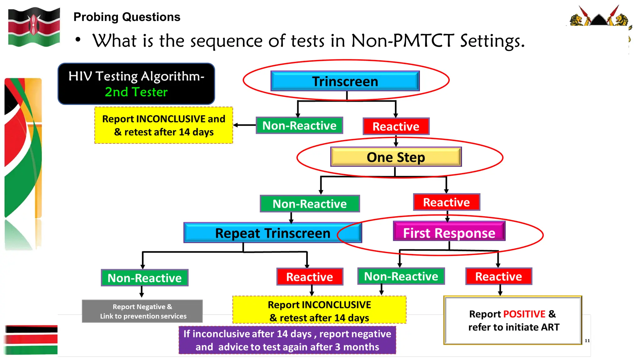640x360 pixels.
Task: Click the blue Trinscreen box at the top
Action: coord(345,81)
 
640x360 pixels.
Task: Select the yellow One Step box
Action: coord(396,157)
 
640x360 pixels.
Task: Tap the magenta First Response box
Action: coord(449,233)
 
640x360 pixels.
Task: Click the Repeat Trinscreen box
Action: coord(272,233)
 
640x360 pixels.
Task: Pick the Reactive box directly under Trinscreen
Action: coord(396,126)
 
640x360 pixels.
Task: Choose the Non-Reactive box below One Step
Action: coord(310,204)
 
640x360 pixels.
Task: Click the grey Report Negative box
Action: coord(142,311)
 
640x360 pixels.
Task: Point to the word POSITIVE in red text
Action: coord(524,314)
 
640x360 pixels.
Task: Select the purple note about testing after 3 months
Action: coord(287,340)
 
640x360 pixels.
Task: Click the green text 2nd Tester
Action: coord(136,92)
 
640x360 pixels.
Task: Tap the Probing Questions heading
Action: coord(127,17)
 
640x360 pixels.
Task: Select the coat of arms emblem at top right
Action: coord(599,17)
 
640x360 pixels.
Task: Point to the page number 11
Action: coord(587,341)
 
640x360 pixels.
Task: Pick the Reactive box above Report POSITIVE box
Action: coord(498,276)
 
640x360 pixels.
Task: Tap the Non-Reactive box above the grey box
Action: coord(144,278)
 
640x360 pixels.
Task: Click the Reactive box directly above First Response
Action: coord(446,202)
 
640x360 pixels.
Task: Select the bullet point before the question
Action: coord(78,40)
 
